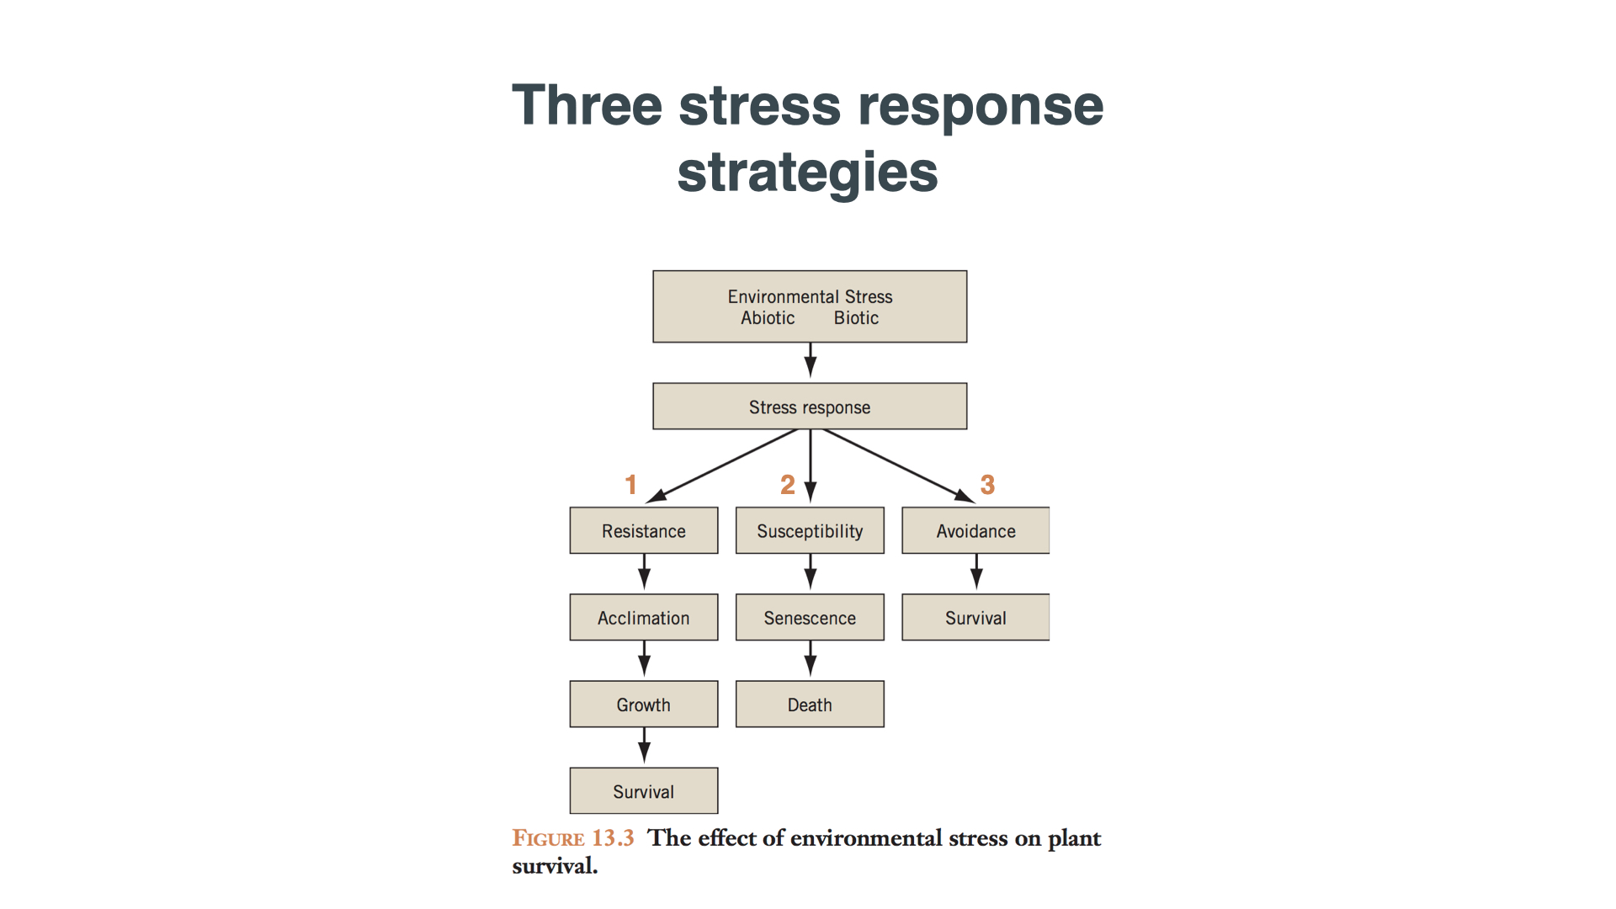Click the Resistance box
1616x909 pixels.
[x=644, y=530]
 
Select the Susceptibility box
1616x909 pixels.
[x=810, y=530]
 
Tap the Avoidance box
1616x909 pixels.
[x=975, y=530]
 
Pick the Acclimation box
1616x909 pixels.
[x=644, y=618]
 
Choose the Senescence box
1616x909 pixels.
[x=810, y=618]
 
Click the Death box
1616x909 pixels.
[x=810, y=704]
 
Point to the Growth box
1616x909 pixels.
[x=644, y=704]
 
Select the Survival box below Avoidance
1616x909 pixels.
[x=975, y=618]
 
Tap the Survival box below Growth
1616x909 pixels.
[x=644, y=791]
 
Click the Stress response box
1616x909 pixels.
[x=810, y=407]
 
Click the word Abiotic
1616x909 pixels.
[x=768, y=318]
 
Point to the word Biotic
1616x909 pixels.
[x=856, y=318]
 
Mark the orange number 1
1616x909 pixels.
[x=630, y=485]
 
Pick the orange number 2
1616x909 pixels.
[x=787, y=485]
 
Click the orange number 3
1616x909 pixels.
[x=987, y=485]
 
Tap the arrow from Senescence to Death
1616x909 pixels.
[x=811, y=659]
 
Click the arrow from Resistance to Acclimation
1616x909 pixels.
[x=645, y=572]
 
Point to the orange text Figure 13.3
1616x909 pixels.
[x=573, y=838]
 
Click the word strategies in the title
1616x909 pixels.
[x=807, y=173]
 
